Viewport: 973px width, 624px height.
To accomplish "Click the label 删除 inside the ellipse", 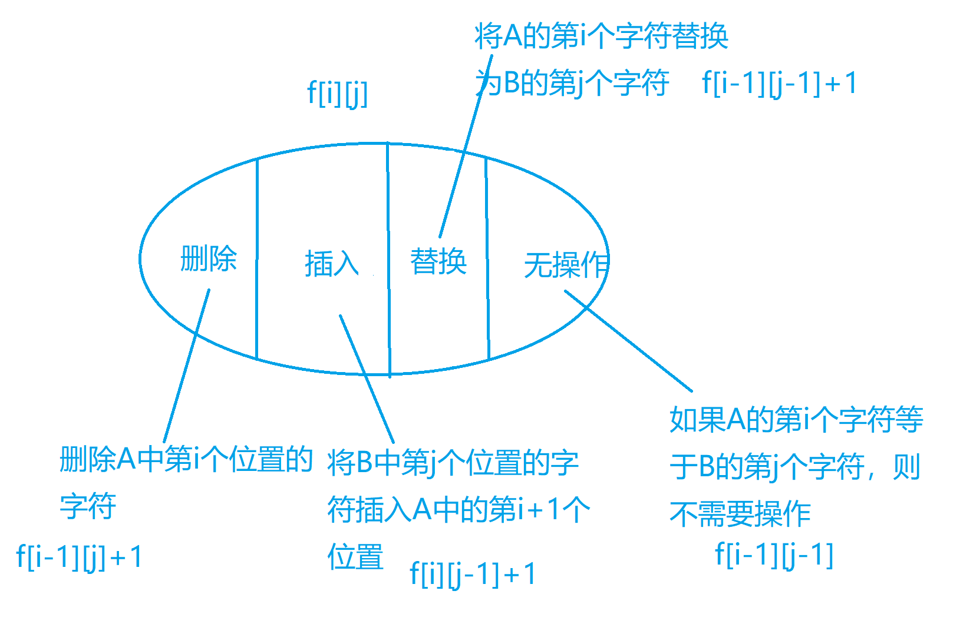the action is (209, 258).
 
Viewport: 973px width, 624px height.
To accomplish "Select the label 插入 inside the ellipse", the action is (332, 263).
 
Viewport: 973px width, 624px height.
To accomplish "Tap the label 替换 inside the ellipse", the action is (438, 261).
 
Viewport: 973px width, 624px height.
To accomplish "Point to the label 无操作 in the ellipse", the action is (566, 264).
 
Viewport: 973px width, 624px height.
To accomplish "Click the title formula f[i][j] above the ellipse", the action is (337, 93).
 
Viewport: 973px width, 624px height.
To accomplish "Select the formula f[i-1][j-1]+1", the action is (779, 83).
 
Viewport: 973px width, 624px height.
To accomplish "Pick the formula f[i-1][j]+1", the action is (80, 557).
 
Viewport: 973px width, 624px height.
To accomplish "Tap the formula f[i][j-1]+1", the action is (473, 574).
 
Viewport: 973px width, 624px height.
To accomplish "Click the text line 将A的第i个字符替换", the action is (601, 36).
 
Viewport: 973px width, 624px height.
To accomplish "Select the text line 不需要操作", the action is (740, 514).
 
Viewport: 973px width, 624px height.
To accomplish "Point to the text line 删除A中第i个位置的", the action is (186, 459).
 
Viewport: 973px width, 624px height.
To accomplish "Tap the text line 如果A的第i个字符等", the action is (796, 420).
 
